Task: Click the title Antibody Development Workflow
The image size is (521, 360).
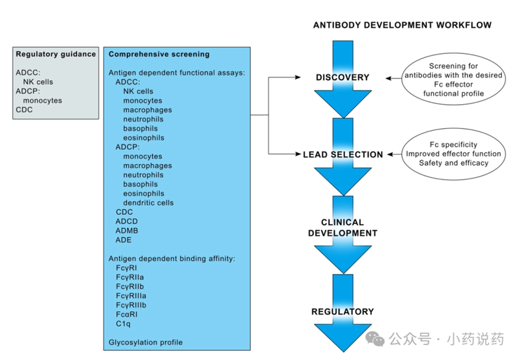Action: click(402, 25)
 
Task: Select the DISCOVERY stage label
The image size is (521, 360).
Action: click(343, 78)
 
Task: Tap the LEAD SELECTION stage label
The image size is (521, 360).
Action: click(343, 155)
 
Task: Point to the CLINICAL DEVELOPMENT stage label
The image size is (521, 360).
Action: click(343, 228)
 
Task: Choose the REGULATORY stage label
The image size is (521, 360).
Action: click(343, 312)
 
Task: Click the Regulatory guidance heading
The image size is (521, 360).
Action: click(56, 54)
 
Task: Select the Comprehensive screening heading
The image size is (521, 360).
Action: click(159, 54)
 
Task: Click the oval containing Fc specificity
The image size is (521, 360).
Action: click(455, 154)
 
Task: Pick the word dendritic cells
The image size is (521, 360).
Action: click(148, 203)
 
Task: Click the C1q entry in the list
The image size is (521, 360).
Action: click(124, 324)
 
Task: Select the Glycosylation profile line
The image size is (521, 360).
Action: click(145, 342)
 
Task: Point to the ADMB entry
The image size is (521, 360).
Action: click(126, 230)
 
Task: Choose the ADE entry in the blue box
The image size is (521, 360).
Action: click(123, 240)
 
